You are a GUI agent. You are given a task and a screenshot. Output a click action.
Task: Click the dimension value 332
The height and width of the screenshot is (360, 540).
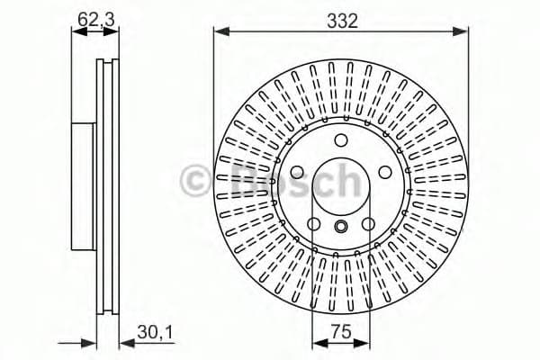341,21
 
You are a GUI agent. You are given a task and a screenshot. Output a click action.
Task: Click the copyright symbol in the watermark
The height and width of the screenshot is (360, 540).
195,180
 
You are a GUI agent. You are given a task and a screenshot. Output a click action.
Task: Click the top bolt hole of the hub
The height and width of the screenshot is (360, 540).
341,140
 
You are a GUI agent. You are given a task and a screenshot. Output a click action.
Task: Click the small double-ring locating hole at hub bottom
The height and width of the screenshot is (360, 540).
341,227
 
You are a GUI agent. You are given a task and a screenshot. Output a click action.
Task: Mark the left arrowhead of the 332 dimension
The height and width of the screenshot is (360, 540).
219,32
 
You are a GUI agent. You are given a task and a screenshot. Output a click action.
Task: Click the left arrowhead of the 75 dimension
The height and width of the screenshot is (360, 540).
316,343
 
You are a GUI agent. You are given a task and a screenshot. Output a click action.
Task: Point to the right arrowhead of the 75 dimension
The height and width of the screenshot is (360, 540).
366,343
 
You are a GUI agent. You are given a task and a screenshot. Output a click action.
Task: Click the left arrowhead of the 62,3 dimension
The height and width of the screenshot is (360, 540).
76,31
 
